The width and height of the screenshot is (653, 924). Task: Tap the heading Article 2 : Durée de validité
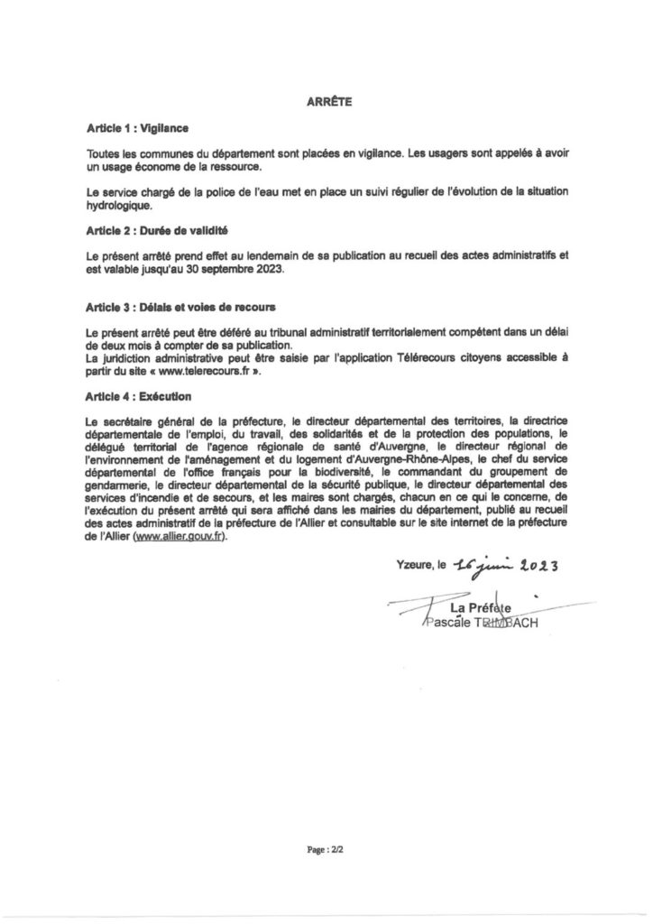[x=143, y=231]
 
